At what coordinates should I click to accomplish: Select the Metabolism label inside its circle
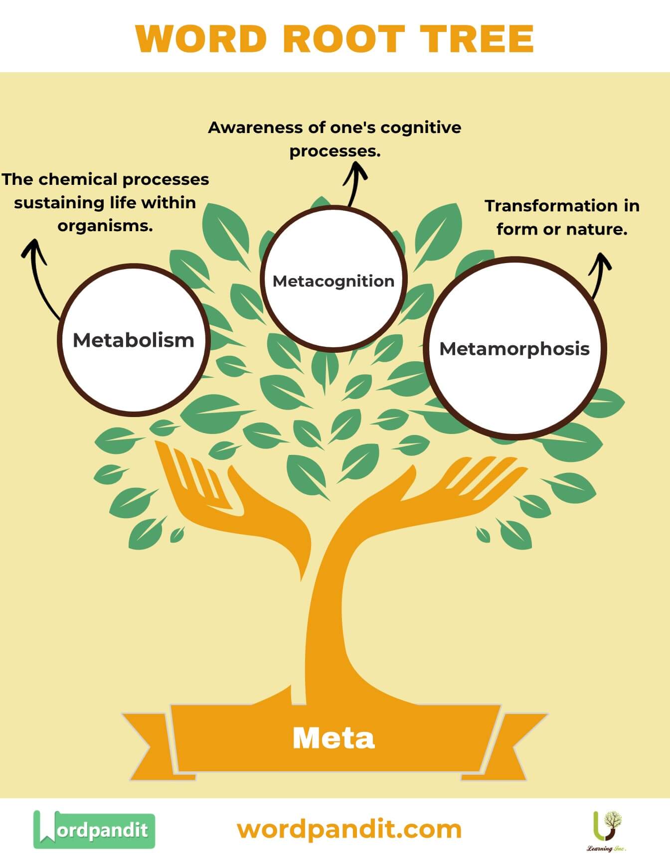pos(134,340)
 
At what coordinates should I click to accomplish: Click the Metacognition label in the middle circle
pos(334,281)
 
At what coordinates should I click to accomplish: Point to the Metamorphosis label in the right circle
pos(514,349)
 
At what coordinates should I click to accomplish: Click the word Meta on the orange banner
pos(334,738)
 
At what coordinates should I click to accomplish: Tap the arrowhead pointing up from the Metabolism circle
pos(33,249)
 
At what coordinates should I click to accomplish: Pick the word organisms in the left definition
pos(105,226)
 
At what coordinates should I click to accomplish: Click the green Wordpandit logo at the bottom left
pos(94,830)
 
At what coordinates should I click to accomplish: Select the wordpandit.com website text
pos(349,829)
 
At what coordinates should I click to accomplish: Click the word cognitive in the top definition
pos(421,128)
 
